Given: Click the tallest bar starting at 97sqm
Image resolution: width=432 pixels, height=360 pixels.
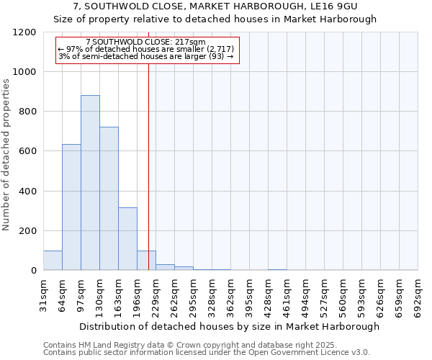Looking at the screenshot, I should (x=90, y=183).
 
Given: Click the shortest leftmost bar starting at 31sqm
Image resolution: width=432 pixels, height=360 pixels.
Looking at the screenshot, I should (x=53, y=261).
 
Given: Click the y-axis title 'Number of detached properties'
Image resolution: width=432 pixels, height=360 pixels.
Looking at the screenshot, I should (x=7, y=155).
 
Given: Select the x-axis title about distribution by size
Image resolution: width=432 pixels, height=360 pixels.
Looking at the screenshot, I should (x=229, y=326).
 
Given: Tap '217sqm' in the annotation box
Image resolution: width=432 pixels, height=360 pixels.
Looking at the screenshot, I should (x=192, y=42).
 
